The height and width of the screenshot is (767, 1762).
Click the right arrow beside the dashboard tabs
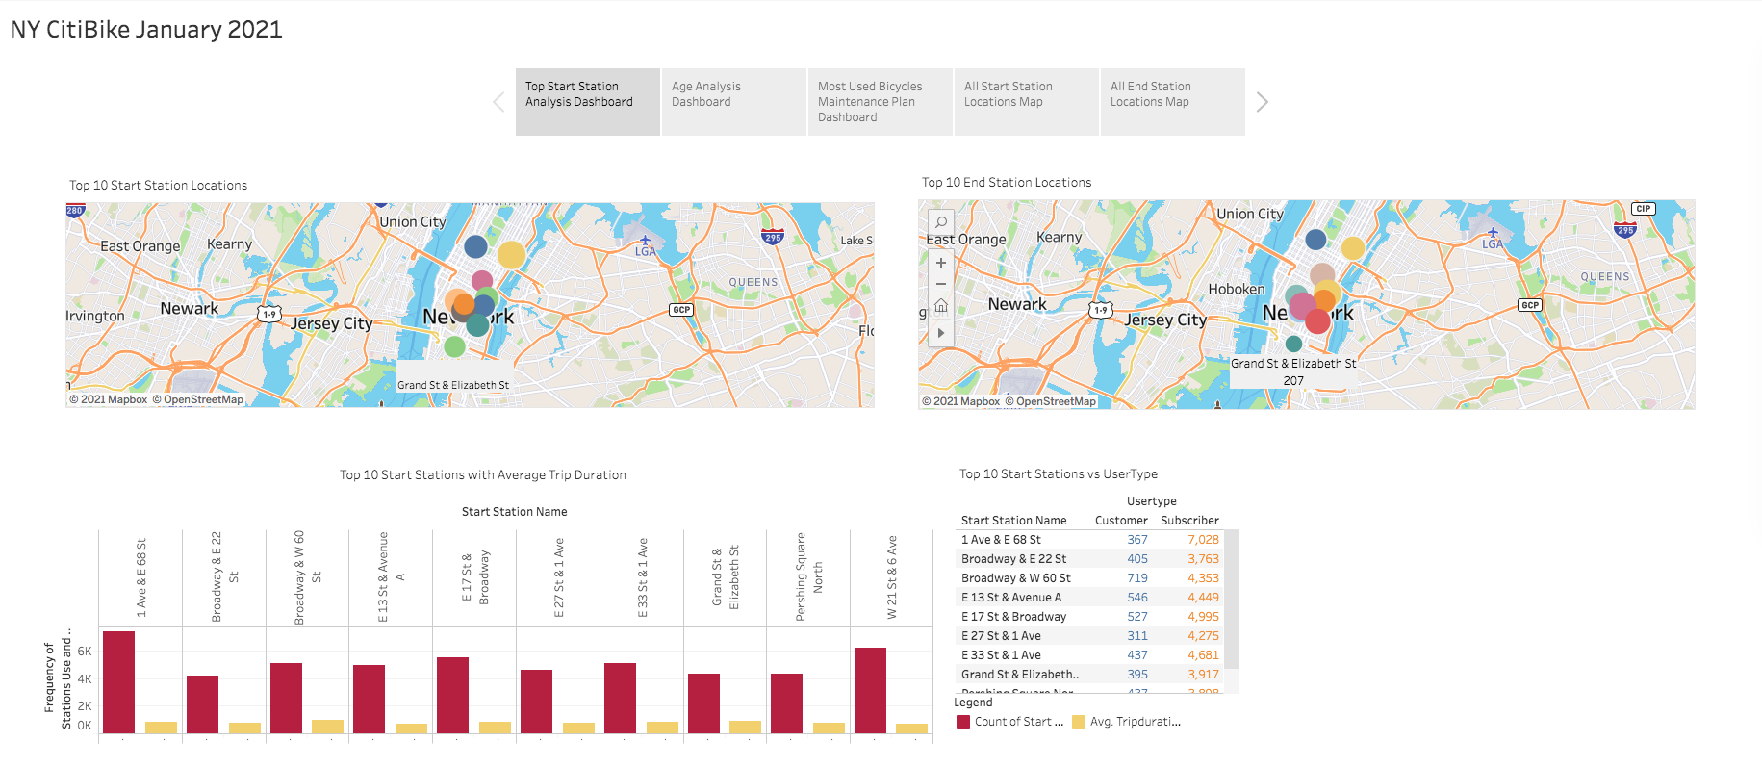coord(1263,102)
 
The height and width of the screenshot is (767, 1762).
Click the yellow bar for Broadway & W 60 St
coord(327,727)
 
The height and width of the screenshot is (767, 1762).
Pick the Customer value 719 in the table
coord(1137,578)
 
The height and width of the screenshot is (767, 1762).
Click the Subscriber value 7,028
coord(1203,540)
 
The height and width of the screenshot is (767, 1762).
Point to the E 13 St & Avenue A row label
coord(1010,598)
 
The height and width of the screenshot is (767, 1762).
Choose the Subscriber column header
coord(1189,521)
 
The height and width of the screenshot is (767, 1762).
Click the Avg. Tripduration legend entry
coord(1134,722)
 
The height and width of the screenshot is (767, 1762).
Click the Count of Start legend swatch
coord(963,722)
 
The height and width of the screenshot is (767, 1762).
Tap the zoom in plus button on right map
coord(941,263)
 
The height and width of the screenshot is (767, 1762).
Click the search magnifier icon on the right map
coord(941,222)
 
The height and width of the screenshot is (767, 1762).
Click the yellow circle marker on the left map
coord(511,255)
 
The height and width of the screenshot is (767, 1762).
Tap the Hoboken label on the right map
coord(1237,290)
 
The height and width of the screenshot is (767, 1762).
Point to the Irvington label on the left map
coord(95,316)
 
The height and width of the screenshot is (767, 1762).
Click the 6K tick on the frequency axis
coord(85,652)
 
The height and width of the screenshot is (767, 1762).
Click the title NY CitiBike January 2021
coord(146,30)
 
